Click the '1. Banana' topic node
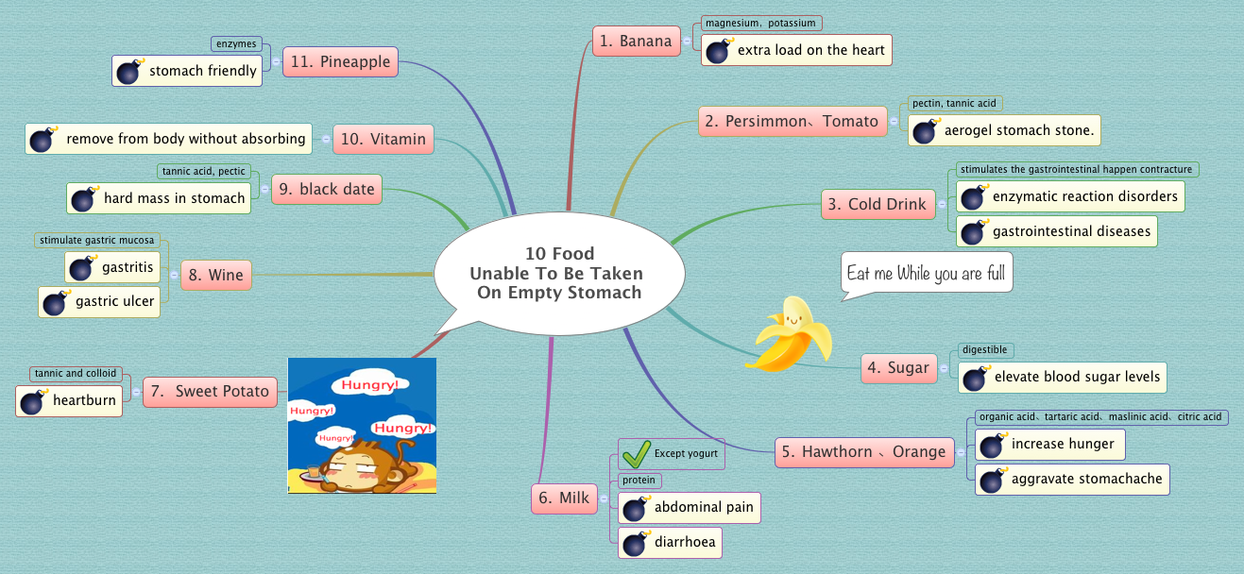637,41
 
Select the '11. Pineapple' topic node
341,62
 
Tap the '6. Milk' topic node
565,498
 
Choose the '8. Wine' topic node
215,276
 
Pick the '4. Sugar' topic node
898,367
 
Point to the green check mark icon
636,455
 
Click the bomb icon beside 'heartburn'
34,401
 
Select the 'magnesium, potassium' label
759,23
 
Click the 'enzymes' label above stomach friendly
235,44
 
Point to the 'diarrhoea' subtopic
685,543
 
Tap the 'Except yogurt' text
686,454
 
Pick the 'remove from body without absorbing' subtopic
185,139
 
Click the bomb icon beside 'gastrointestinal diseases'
973,231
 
